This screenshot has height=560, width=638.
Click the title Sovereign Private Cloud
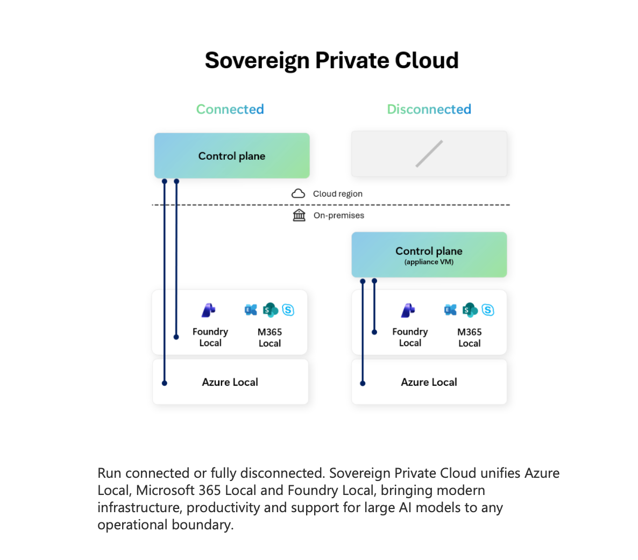331,60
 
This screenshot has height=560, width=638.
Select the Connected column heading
230,109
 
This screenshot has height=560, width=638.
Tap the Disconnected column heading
429,109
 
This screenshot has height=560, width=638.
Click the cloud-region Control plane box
232,156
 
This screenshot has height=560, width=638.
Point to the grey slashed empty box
429,154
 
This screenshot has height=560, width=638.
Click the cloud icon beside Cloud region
298,193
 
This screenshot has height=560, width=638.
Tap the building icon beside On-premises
299,216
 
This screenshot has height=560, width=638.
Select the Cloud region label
338,193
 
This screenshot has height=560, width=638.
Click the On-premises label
339,216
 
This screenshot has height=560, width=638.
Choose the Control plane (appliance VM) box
429,255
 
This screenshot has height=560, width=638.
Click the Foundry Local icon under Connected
208,310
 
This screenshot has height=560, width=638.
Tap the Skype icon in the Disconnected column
488,310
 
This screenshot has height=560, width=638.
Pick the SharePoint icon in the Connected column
270,310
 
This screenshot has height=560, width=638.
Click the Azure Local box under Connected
230,382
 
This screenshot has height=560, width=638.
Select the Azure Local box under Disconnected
429,382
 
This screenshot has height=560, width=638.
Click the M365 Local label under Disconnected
469,338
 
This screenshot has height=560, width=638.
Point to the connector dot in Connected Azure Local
165,383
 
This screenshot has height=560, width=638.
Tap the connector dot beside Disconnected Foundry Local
374,332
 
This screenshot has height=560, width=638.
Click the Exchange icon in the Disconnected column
450,310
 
